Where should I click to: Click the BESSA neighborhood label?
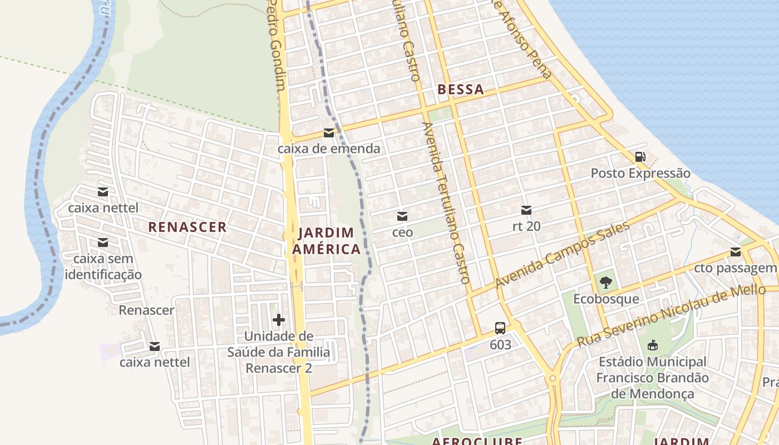460,90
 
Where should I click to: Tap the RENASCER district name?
188,227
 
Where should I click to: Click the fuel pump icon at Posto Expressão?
640,157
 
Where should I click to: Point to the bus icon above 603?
500,328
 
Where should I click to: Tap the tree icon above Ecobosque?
606,283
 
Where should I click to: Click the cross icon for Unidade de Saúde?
279,320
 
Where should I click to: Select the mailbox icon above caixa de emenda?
329,133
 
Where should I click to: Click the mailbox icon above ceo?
402,216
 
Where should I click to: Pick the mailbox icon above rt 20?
526,210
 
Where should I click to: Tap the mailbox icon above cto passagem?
736,252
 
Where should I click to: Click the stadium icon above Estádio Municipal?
653,345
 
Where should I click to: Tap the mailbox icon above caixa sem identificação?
103,243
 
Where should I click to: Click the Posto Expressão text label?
640,174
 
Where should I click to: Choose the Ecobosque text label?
606,299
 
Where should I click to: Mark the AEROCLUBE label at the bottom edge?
477,441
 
